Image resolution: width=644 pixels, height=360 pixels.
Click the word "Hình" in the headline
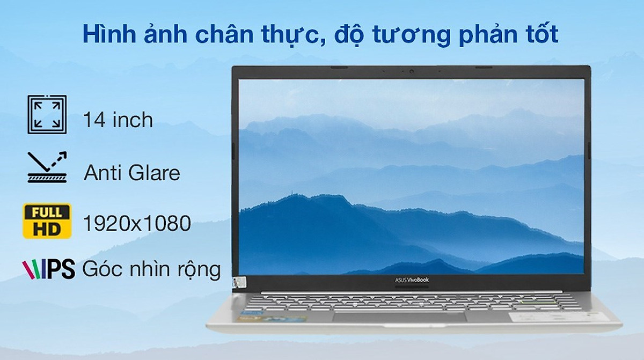pyautogui.click(x=109, y=34)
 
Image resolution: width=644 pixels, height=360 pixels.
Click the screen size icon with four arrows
pyautogui.click(x=47, y=114)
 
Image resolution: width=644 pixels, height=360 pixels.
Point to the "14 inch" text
pyautogui.click(x=118, y=120)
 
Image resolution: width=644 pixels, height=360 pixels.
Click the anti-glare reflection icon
pyautogui.click(x=47, y=167)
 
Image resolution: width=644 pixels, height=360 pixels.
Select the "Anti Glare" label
pyautogui.click(x=132, y=173)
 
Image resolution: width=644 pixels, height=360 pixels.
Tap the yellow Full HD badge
pyautogui.click(x=47, y=221)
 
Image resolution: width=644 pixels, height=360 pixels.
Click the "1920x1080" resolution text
pyautogui.click(x=137, y=223)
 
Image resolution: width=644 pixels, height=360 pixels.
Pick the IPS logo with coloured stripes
pyautogui.click(x=49, y=269)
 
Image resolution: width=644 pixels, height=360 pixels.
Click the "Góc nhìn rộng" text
pyautogui.click(x=151, y=269)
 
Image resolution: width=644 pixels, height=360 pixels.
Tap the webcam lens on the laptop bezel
pyautogui.click(x=412, y=71)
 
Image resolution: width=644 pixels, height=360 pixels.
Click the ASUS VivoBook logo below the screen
pyautogui.click(x=412, y=280)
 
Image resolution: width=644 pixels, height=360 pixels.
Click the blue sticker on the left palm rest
pyautogui.click(x=252, y=312)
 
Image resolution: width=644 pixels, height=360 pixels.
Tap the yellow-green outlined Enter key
pyautogui.click(x=538, y=302)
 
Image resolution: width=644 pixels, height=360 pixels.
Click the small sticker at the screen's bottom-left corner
pyautogui.click(x=240, y=283)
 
